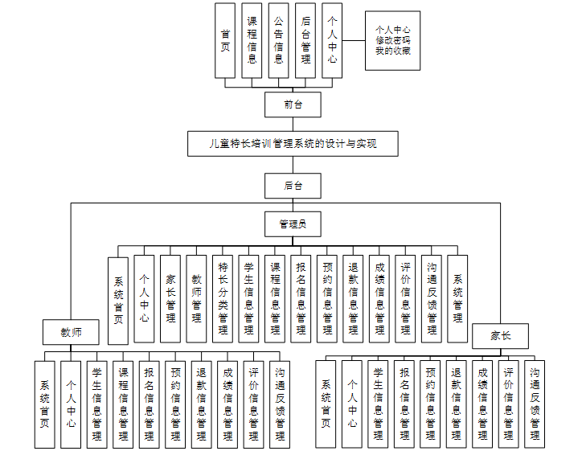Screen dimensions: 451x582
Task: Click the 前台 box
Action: tap(293, 105)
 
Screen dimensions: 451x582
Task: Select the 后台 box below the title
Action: tap(293, 186)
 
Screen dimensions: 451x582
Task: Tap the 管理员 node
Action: tap(293, 223)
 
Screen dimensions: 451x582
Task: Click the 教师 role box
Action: tap(71, 331)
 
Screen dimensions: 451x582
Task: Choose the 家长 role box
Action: tap(500, 336)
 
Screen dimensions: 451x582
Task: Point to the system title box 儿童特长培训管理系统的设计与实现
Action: tap(293, 145)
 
